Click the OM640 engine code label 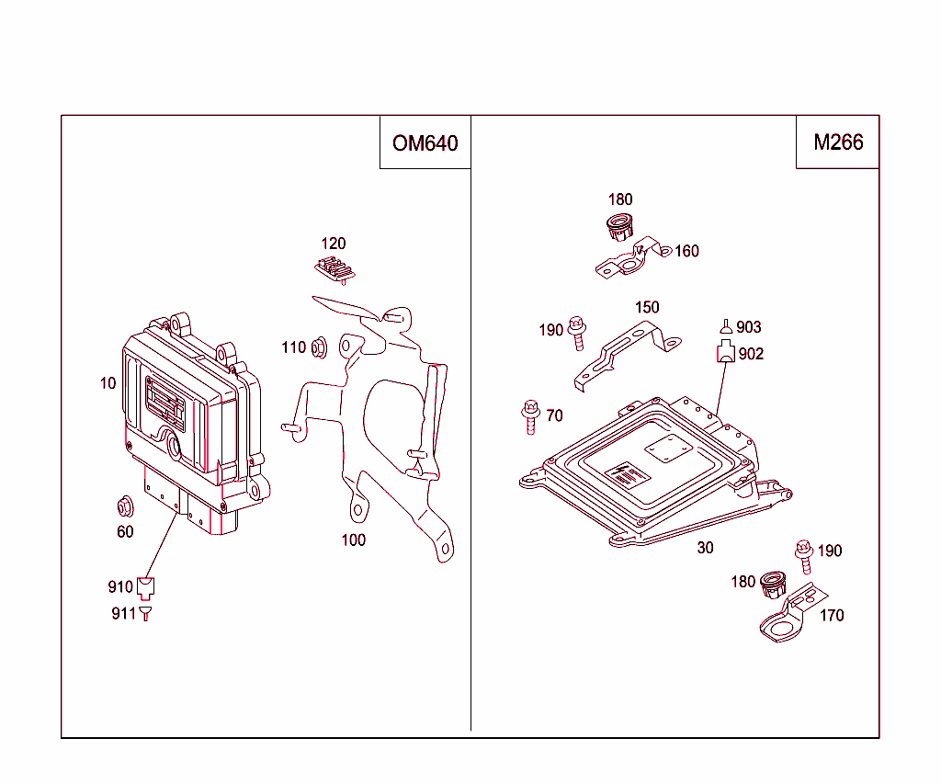click(425, 143)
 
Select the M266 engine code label click(838, 142)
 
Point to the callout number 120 click(334, 244)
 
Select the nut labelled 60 click(124, 506)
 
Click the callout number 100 click(354, 540)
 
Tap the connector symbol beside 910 click(146, 585)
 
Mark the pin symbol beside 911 click(145, 613)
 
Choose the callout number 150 click(647, 307)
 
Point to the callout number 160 click(686, 251)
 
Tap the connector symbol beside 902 click(726, 352)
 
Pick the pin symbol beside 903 click(726, 326)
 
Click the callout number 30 click(705, 548)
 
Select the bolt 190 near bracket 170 click(802, 551)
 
